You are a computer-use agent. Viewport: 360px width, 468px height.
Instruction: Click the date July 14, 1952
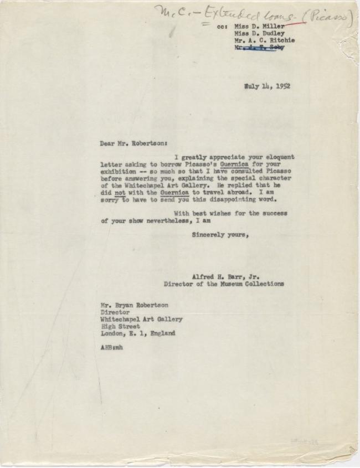click(x=268, y=86)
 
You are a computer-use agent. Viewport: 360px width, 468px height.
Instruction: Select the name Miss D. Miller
click(x=260, y=26)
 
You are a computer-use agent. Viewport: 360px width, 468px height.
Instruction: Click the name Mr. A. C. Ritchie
click(x=265, y=40)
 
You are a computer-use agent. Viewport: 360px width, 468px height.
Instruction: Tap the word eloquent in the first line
click(x=277, y=157)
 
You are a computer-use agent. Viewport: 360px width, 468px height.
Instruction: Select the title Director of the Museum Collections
click(x=224, y=284)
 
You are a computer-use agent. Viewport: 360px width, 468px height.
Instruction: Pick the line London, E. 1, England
click(x=138, y=333)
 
